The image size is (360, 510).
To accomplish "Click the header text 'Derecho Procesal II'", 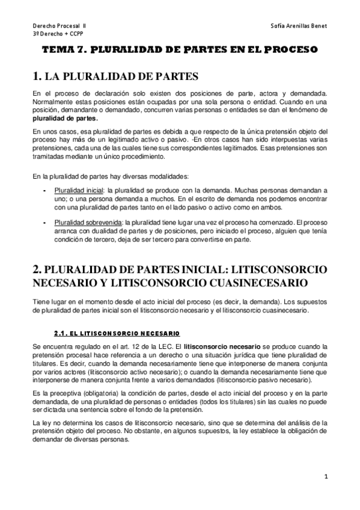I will [x=59, y=26].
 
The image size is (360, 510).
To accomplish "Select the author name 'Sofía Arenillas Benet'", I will [x=299, y=26].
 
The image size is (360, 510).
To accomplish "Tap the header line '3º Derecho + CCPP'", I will [x=58, y=35].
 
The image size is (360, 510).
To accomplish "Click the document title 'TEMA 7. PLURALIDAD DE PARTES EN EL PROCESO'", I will [x=179, y=51].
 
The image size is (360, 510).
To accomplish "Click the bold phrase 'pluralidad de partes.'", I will [x=56, y=118].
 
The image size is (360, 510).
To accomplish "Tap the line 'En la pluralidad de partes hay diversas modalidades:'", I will [x=111, y=176].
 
